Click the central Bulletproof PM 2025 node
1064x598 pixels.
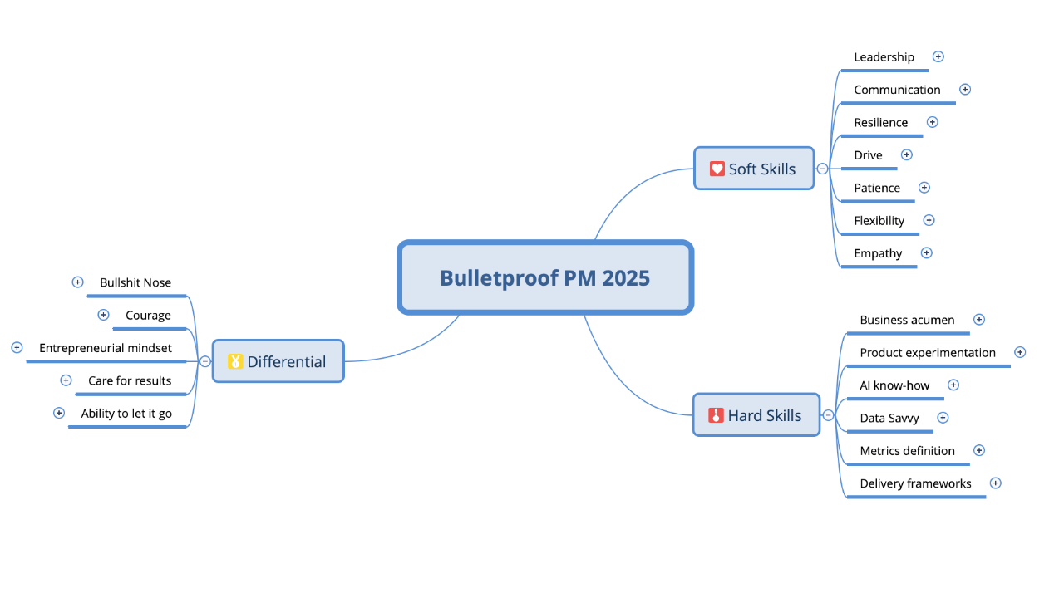(x=544, y=277)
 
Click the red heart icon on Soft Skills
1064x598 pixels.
(x=717, y=169)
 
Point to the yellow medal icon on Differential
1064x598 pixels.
(x=235, y=361)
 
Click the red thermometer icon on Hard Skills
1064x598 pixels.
(x=716, y=415)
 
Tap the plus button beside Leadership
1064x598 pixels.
(x=938, y=56)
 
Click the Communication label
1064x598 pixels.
(x=897, y=90)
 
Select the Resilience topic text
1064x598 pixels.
(x=881, y=122)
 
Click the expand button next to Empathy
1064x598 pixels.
(x=927, y=252)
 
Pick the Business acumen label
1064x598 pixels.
(x=907, y=320)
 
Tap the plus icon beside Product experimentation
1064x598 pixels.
(x=1020, y=352)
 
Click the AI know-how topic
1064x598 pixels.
(x=894, y=385)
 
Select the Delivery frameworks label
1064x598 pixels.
(x=915, y=483)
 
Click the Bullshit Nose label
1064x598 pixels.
(x=135, y=282)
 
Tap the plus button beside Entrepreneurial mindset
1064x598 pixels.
(x=17, y=347)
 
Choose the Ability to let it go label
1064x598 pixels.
(x=126, y=414)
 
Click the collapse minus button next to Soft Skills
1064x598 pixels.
(x=822, y=169)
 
